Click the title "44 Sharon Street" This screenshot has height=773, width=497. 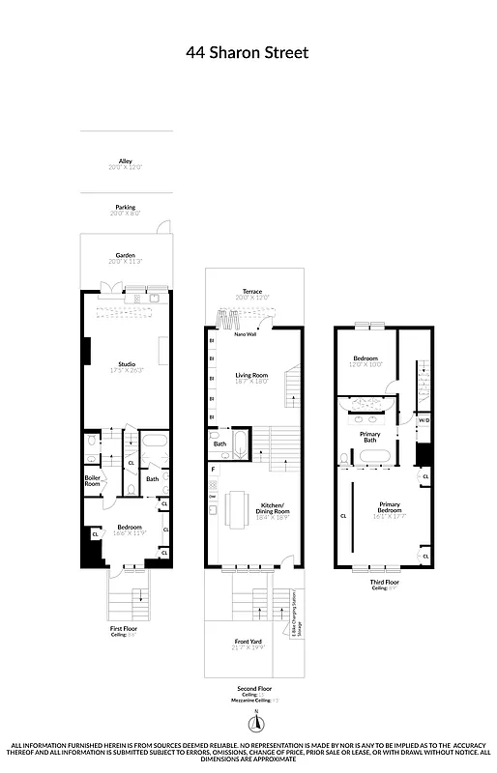(x=248, y=54)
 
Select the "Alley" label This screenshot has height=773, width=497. (x=126, y=161)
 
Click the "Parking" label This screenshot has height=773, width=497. (x=126, y=207)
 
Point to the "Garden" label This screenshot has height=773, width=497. (x=126, y=255)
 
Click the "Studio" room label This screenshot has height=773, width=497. (x=126, y=363)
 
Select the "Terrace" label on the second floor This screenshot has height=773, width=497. (x=252, y=291)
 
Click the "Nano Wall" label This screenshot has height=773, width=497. (x=231, y=333)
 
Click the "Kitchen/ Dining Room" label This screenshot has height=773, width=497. (x=252, y=512)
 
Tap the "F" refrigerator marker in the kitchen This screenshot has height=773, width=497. (x=213, y=469)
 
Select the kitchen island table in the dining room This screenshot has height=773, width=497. (x=237, y=508)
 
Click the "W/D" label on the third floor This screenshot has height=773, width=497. (x=424, y=420)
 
